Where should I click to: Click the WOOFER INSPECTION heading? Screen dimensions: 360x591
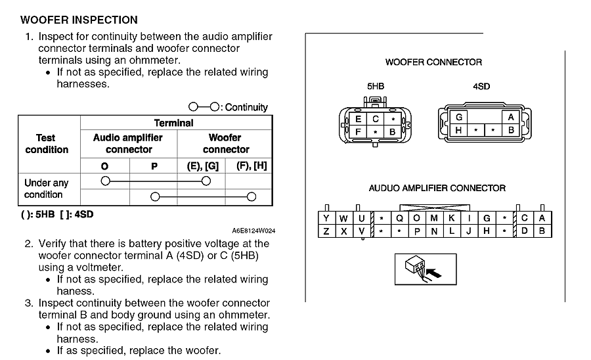[x=79, y=20]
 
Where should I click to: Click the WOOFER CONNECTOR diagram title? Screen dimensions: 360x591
[x=433, y=62]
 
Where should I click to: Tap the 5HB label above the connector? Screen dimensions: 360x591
[x=376, y=86]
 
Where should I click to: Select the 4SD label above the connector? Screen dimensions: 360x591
[x=481, y=86]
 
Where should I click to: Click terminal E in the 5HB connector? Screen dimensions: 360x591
[x=359, y=120]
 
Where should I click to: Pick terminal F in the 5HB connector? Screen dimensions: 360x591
[x=359, y=132]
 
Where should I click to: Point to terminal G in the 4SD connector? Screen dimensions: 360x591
[x=458, y=117]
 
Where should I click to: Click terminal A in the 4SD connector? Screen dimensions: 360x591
[x=510, y=117]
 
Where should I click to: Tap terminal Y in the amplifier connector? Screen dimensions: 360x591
[x=326, y=218]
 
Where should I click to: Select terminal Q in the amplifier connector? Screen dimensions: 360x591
[x=399, y=218]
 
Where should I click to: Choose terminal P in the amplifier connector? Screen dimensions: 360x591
[x=417, y=231]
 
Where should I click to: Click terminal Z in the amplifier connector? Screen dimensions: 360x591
[x=326, y=231]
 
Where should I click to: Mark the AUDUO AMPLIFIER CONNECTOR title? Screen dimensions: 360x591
[x=437, y=188]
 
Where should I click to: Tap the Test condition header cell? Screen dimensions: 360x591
[x=47, y=144]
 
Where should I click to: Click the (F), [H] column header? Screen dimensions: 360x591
[x=251, y=166]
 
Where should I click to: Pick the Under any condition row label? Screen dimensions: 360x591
[x=46, y=189]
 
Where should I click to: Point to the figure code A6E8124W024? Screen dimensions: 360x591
[x=253, y=231]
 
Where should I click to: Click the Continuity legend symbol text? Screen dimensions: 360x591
[x=229, y=107]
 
